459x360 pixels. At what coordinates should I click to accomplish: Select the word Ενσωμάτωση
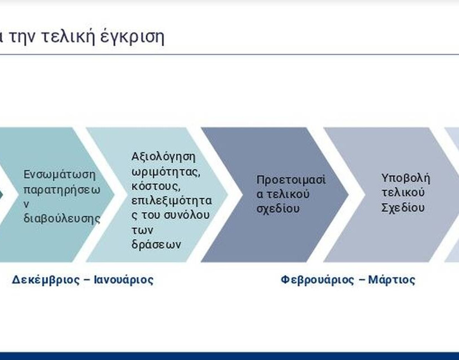coord(59,175)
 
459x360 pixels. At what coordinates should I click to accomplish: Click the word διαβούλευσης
coord(62,219)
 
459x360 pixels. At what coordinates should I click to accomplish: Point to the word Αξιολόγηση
coord(163,157)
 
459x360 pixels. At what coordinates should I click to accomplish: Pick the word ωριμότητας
coord(166,172)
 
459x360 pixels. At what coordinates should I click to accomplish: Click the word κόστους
coord(155,186)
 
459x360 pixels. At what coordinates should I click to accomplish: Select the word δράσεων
coord(156,245)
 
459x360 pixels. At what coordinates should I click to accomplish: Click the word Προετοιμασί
coord(291,180)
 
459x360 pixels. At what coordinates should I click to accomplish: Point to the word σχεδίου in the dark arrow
coord(278,208)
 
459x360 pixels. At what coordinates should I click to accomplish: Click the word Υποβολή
coord(406,178)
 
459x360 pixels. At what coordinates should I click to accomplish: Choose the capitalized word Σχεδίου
coord(403,208)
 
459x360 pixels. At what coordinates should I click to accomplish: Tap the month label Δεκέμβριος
coord(46,280)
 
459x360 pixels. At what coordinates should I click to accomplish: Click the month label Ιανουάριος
coord(124,280)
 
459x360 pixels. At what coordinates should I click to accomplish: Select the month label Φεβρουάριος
coord(317,280)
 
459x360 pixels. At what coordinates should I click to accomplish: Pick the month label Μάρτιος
coord(391,280)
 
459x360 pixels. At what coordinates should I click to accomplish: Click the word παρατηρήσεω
coord(62,190)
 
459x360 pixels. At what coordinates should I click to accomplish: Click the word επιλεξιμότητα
coord(171,201)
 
